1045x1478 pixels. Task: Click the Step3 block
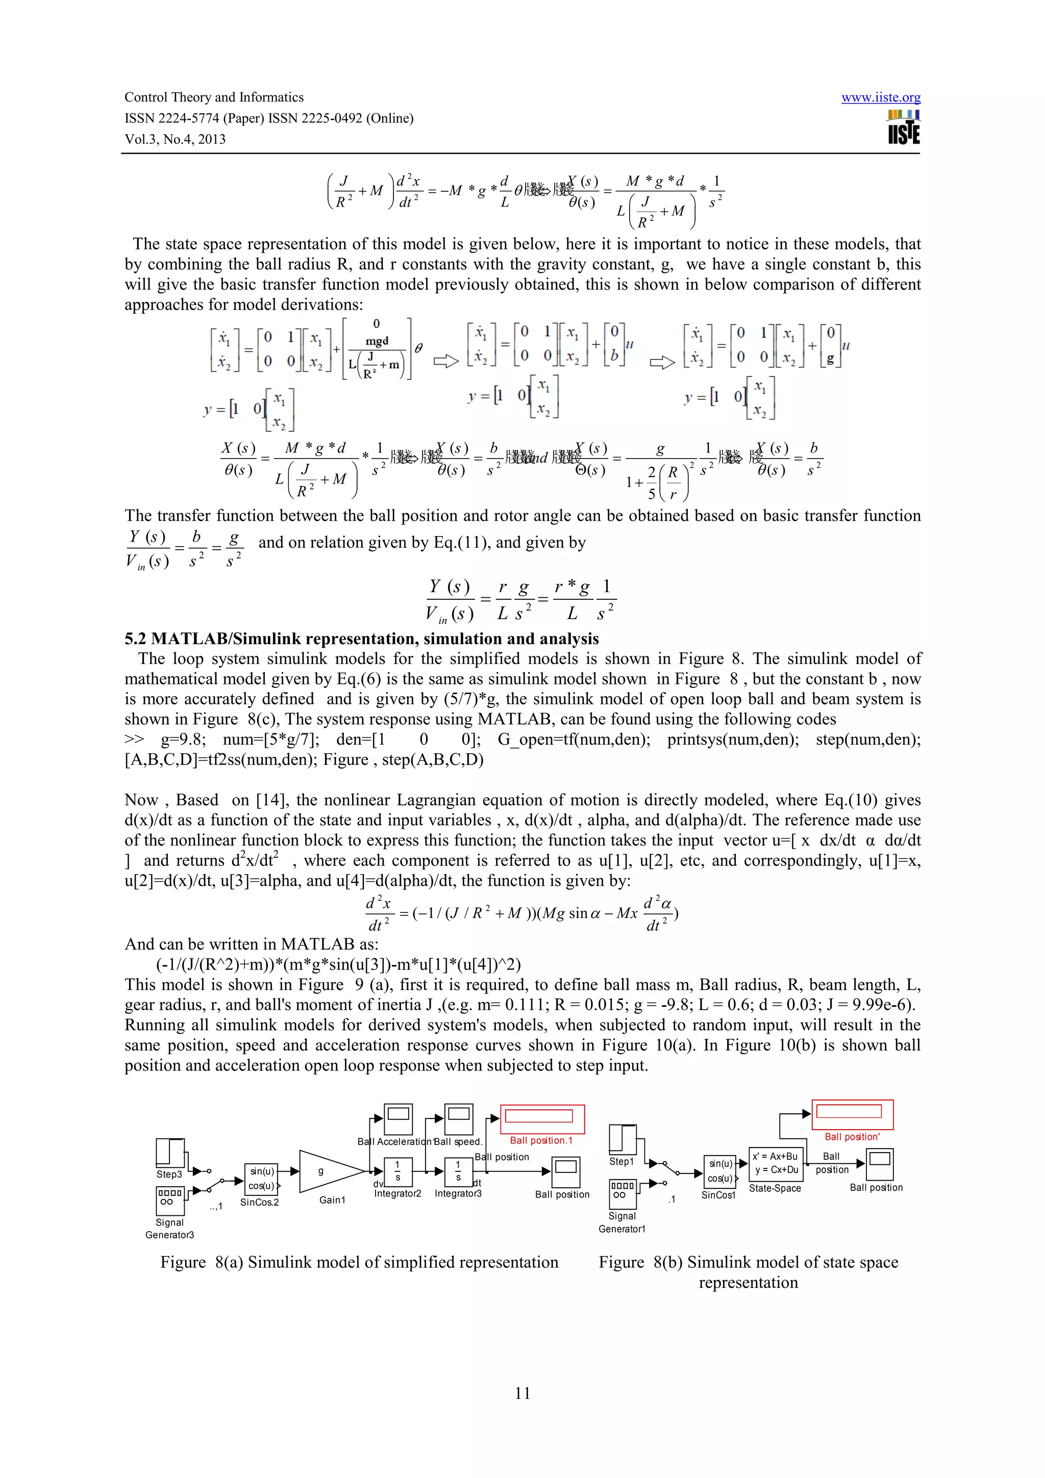(x=170, y=1152)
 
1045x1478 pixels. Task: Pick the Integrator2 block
(x=398, y=1171)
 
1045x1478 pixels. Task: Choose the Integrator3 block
(x=458, y=1171)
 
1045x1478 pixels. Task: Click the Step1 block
(x=622, y=1139)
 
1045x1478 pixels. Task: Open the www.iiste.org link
(x=880, y=98)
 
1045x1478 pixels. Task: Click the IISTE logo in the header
(x=903, y=127)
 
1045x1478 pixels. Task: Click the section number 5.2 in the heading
(x=135, y=639)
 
